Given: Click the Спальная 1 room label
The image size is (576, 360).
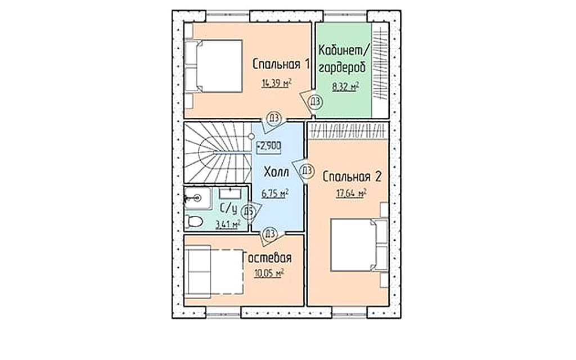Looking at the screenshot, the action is [281, 64].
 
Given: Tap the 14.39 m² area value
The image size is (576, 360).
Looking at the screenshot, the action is [277, 83].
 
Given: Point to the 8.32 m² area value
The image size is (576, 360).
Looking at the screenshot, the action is [345, 87].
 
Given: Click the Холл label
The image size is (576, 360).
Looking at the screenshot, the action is [276, 172].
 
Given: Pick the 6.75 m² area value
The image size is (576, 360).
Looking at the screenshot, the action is [274, 193].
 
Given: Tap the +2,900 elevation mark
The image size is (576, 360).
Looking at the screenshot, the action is [269, 146].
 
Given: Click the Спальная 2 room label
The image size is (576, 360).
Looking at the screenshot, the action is [352, 177].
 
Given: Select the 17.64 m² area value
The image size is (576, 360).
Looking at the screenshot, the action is [352, 193].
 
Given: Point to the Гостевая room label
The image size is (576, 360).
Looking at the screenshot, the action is [267, 258].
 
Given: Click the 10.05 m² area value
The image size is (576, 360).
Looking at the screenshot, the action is [269, 273].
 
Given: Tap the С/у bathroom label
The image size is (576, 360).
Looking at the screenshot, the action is [228, 209].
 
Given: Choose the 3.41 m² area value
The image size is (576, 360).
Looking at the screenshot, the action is [228, 224].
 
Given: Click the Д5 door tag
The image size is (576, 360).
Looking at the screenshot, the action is [249, 211].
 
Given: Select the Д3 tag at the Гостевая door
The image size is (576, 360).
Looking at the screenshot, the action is [269, 233].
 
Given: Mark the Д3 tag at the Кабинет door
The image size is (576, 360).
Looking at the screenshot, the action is [315, 101].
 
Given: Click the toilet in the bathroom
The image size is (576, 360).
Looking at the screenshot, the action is [193, 222].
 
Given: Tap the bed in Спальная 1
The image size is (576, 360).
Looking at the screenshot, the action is [213, 66].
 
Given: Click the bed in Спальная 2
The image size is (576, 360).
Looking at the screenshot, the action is [359, 245].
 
